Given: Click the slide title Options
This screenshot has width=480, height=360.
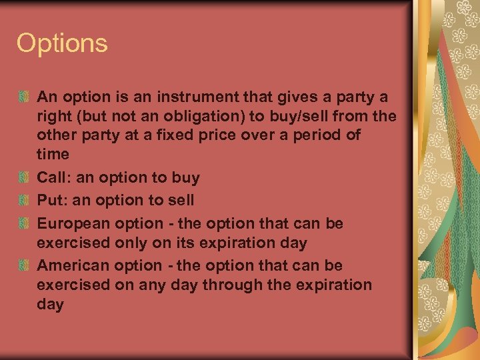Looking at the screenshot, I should click(62, 44).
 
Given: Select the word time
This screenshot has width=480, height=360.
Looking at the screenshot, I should click(53, 154).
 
